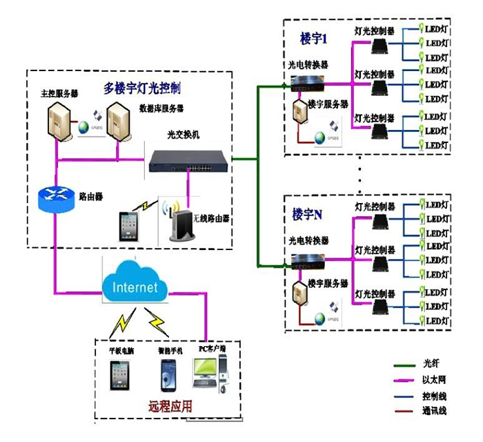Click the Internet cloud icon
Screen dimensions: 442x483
coord(135,285)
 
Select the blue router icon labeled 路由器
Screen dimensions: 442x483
coord(55,200)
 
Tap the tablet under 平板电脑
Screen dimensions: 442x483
coord(119,376)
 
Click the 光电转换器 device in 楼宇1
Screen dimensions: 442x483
coord(307,82)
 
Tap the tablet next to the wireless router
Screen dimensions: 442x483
coord(130,226)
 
